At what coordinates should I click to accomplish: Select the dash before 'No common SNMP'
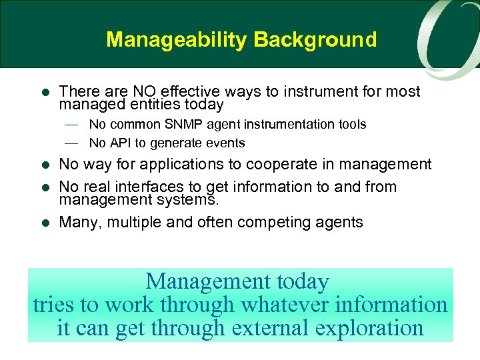[x=71, y=125]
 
